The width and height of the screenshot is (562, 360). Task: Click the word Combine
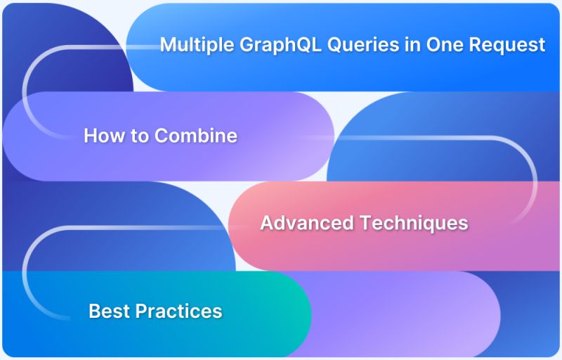[x=196, y=135]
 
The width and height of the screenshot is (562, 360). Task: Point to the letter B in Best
[x=94, y=311]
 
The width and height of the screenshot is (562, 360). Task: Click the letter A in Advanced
[x=267, y=223]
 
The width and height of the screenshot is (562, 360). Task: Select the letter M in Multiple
[x=167, y=45]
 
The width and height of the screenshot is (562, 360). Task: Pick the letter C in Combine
[x=161, y=135]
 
